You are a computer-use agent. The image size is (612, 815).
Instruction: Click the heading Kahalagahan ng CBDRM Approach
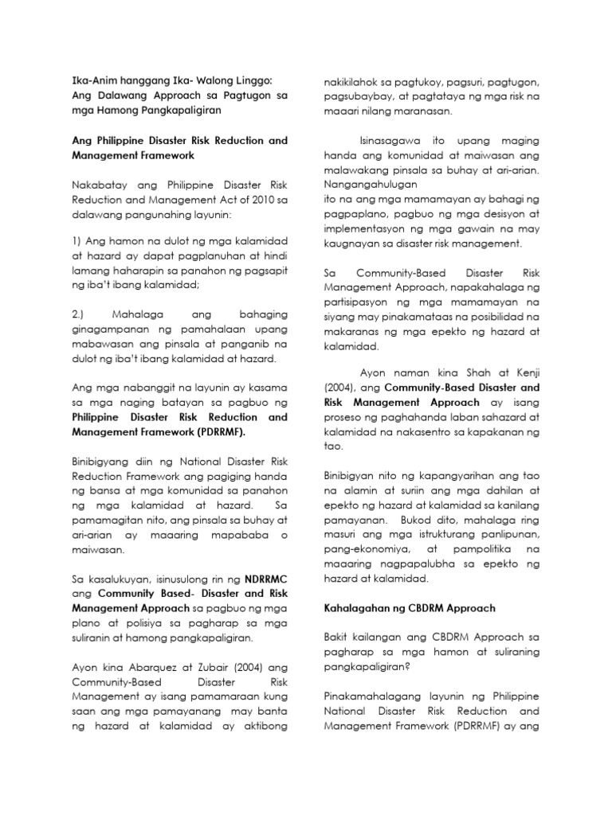point(409,608)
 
